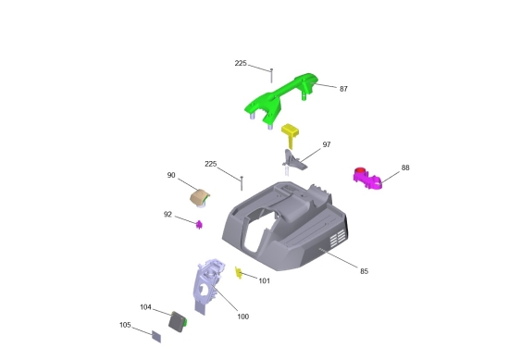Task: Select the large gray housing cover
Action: point(286,226)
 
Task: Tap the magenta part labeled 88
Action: point(366,179)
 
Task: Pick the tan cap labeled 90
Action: point(199,197)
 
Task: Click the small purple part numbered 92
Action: point(199,224)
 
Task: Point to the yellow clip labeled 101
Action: point(239,273)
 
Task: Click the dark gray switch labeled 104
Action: point(178,322)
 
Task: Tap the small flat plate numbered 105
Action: point(156,337)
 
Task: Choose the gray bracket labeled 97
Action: point(293,161)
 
